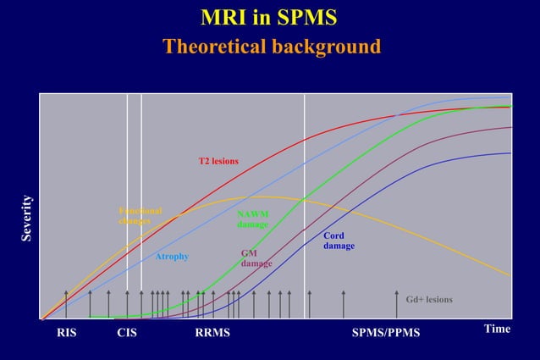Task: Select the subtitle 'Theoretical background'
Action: (271, 46)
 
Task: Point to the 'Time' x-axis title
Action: (497, 329)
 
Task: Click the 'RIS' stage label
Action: (66, 333)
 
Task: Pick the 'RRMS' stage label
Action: (212, 333)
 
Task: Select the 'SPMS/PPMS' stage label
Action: (385, 333)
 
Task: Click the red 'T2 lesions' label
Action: (218, 161)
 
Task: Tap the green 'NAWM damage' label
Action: (252, 219)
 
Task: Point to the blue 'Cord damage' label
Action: (339, 241)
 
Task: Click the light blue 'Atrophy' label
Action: (172, 257)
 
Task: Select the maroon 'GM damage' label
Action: (256, 258)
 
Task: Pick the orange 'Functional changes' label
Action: (140, 215)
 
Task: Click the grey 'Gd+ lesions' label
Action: (429, 300)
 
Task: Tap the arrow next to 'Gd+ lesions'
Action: (397, 303)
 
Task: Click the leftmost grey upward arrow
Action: (66, 303)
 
